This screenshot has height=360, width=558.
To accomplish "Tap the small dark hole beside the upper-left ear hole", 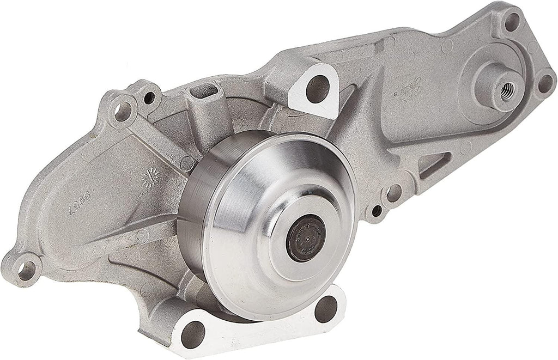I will [x=148, y=99].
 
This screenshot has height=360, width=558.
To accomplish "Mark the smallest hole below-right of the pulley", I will [x=375, y=209].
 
